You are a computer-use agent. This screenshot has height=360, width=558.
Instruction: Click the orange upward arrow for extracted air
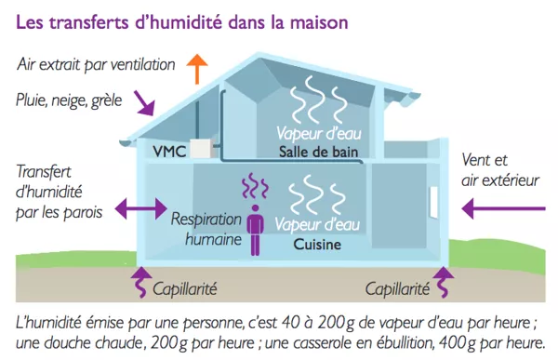click(196, 68)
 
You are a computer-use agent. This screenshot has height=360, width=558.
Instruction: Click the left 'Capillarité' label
click(181, 287)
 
